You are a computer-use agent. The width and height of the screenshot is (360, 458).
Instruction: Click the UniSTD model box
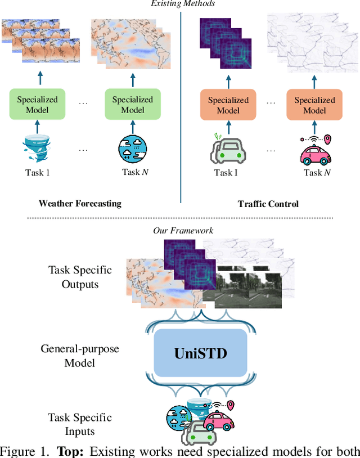point(200,353)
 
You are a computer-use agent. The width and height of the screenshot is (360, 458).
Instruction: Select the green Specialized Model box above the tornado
point(38,104)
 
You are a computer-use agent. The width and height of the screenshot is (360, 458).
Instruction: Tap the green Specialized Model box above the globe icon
point(133,104)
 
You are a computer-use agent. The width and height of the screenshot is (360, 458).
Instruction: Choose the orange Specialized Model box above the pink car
point(314,105)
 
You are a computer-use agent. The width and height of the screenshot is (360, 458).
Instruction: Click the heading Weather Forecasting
point(80,204)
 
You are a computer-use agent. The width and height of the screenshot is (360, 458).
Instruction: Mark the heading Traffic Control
point(268,204)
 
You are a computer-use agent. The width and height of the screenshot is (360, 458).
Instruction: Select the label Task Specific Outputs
point(80,277)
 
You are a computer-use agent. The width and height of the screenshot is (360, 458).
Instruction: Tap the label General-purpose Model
point(80,356)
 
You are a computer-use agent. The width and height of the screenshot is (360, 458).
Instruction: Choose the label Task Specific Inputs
point(80,424)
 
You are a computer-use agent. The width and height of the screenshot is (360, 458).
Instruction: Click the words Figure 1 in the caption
point(23,451)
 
